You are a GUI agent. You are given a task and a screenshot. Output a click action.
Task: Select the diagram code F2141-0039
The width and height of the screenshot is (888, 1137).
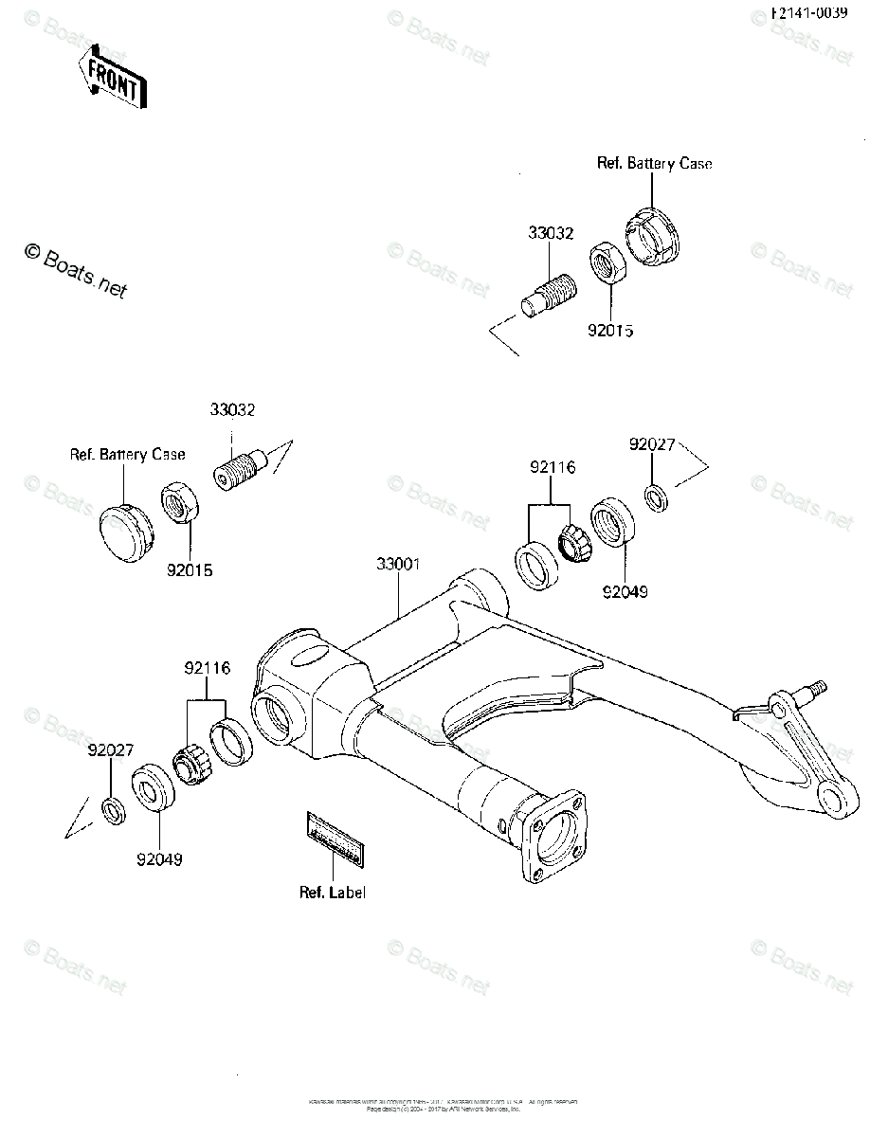[808, 13]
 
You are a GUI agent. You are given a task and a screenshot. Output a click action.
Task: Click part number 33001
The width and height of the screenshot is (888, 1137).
[398, 564]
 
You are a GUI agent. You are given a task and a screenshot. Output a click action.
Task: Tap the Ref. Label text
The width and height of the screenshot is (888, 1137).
[333, 893]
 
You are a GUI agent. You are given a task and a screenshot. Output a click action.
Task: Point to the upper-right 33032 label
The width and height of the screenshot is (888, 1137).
[551, 233]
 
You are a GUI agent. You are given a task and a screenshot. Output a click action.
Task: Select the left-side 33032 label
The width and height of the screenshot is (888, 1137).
[232, 410]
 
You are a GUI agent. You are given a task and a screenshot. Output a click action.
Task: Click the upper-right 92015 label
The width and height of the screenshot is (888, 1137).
[609, 332]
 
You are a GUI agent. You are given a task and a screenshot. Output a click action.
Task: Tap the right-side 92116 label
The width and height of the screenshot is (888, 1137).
[553, 467]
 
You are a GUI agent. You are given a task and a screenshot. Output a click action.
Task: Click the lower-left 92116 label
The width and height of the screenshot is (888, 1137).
[207, 668]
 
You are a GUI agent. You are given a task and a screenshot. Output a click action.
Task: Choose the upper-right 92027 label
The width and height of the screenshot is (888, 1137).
[652, 443]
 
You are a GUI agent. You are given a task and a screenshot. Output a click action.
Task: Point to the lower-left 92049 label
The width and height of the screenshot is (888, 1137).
[159, 860]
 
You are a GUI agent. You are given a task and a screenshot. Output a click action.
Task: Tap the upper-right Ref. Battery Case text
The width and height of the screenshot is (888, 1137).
[654, 163]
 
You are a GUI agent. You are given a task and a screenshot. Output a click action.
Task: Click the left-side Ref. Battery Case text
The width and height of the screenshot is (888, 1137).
[128, 454]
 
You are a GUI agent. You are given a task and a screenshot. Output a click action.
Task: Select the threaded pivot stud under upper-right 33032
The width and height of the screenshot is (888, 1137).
[548, 294]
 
